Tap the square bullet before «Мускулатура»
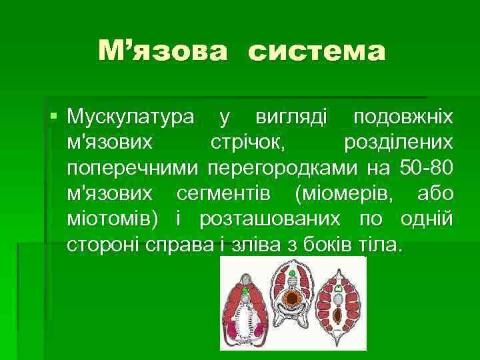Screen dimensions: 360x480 [54, 117]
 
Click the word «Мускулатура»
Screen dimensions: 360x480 [131, 117]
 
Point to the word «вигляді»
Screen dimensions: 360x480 [291, 117]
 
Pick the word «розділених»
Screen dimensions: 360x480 [398, 142]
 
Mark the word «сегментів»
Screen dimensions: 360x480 [223, 193]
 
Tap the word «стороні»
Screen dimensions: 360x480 [104, 244]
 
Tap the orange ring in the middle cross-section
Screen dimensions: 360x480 [293, 297]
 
